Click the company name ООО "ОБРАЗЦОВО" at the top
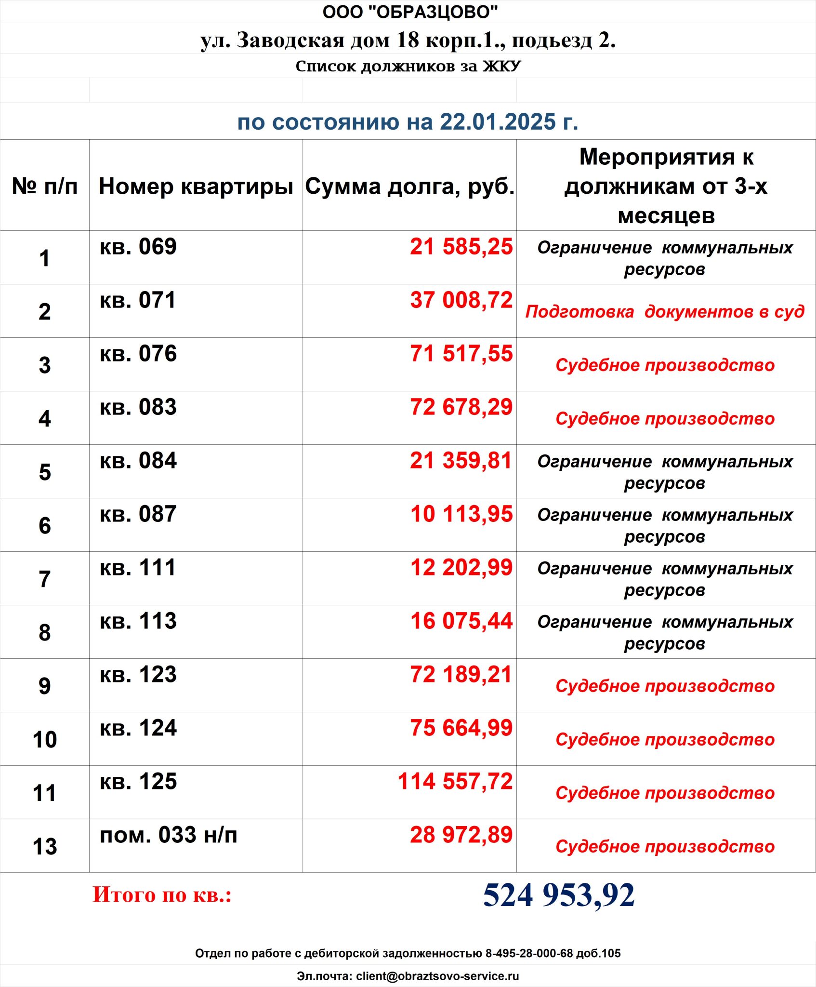click(x=410, y=12)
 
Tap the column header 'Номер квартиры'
click(x=196, y=186)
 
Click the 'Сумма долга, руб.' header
click(x=409, y=186)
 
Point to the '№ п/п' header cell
click(x=45, y=186)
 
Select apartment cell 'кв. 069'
click(x=138, y=247)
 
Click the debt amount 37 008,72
click(x=461, y=300)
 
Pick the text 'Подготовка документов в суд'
click(x=665, y=311)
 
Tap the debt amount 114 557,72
click(x=455, y=781)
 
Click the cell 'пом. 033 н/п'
click(x=168, y=835)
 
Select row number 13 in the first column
click(x=45, y=846)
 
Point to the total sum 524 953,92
click(x=559, y=895)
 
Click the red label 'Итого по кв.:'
click(x=162, y=895)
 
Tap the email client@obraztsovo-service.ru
click(x=437, y=976)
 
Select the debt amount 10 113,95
click(x=461, y=514)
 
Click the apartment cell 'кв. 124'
click(x=138, y=728)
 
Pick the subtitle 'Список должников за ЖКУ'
click(x=408, y=66)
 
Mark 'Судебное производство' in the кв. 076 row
click(x=665, y=365)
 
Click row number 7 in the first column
click(x=45, y=579)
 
